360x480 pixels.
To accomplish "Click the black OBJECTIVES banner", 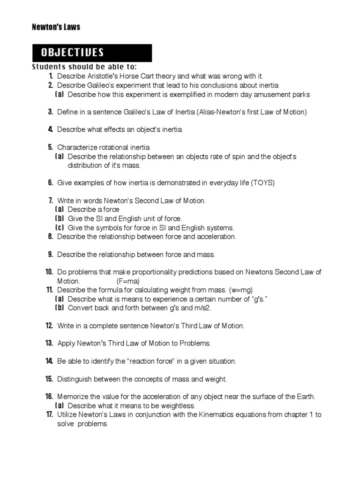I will coord(92,52).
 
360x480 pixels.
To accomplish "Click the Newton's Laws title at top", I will coord(56,27).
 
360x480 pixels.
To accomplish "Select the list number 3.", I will coord(50,112).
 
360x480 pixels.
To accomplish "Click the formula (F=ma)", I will coord(128,281).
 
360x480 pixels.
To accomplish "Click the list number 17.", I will coord(49,414).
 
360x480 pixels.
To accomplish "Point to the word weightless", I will coord(177,406).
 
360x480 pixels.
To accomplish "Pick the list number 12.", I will coord(49,325).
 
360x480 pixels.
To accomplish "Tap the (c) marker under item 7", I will coord(60,228).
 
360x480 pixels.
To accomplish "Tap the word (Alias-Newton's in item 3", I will coord(220,112).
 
